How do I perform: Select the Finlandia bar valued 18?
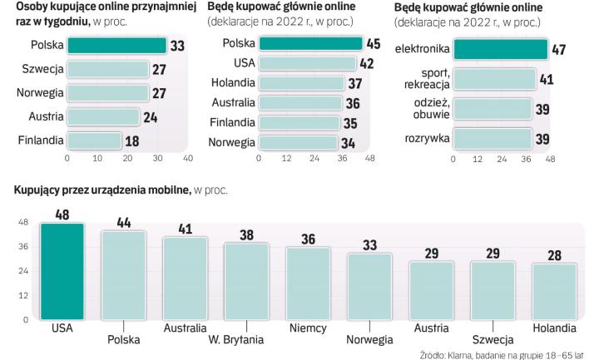pyautogui.click(x=93, y=141)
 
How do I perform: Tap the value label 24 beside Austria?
pyautogui.click(x=150, y=117)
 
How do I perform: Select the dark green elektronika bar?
pyautogui.click(x=501, y=51)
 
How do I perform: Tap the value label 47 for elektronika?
pyautogui.click(x=558, y=51)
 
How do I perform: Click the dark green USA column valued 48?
pyautogui.click(x=62, y=271)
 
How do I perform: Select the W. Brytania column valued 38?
pyautogui.click(x=246, y=281)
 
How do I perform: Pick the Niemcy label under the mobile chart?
pyautogui.click(x=307, y=328)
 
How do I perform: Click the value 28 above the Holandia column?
pyautogui.click(x=553, y=255)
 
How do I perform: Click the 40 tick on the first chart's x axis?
pyautogui.click(x=188, y=158)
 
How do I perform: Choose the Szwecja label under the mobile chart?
pyautogui.click(x=492, y=340)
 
